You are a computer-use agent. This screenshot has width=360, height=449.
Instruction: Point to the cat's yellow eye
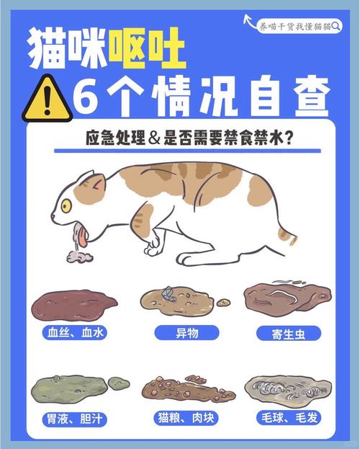[66, 205]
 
